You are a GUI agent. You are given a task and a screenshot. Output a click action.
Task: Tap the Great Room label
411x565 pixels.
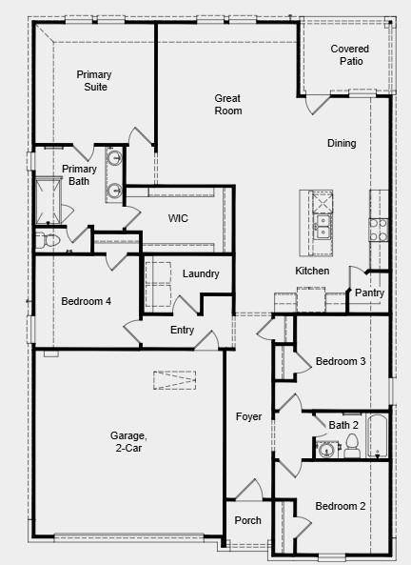(228, 104)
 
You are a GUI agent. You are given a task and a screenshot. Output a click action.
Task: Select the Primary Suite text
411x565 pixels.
(92, 80)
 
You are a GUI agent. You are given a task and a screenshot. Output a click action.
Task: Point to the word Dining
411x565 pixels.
(342, 144)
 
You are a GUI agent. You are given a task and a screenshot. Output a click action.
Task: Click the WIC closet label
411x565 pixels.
(178, 218)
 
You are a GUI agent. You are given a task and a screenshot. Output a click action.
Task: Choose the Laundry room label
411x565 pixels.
(201, 274)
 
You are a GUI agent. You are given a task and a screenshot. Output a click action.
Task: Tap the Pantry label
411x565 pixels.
(369, 293)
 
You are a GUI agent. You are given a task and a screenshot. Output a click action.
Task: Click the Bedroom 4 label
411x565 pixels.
(86, 301)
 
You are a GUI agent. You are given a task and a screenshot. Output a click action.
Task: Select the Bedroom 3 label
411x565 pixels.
(341, 361)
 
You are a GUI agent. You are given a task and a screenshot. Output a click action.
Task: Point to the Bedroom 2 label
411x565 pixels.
(341, 506)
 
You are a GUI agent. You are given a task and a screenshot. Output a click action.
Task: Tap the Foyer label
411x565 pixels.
(249, 417)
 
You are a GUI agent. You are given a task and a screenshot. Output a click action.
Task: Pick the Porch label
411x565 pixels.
(247, 520)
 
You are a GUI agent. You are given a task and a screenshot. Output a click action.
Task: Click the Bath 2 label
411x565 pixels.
(343, 425)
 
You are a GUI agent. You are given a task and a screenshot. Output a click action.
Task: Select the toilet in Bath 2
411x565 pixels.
(351, 443)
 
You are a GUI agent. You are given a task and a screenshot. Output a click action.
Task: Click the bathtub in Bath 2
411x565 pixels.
(377, 436)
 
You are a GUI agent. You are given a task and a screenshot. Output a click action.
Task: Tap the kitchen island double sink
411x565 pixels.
(323, 226)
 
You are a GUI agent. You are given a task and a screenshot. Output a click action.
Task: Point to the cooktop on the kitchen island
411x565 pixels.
(323, 201)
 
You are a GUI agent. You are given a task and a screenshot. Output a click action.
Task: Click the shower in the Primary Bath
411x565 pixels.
(49, 200)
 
